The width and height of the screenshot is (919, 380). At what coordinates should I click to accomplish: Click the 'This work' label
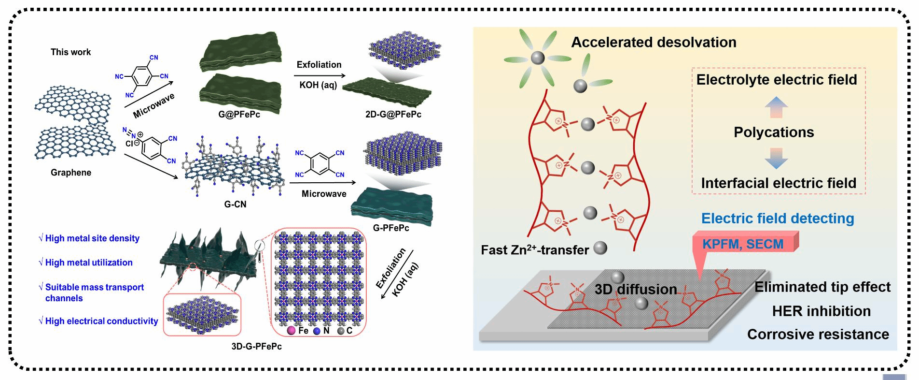tap(70, 52)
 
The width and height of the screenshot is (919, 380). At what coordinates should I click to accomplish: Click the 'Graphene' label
tap(71, 173)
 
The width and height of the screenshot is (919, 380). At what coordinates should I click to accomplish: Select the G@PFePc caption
tap(239, 115)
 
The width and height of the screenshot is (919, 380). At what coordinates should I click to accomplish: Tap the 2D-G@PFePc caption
tap(393, 115)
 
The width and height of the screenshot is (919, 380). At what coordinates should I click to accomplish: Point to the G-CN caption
tap(235, 205)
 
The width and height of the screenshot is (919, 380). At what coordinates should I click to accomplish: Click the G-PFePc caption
tap(391, 228)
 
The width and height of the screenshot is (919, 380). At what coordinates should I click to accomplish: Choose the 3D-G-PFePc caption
tap(256, 346)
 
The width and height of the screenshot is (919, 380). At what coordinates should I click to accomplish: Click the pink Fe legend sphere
tap(291, 331)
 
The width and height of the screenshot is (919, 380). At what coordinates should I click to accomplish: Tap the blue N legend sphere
tap(317, 331)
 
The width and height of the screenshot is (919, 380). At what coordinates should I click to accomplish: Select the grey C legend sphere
tap(341, 331)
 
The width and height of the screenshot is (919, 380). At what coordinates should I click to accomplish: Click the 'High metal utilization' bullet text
tap(89, 263)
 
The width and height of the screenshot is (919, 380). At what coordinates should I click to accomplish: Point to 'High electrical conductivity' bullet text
tap(101, 321)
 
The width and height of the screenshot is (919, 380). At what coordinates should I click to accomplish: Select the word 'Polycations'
tap(774, 132)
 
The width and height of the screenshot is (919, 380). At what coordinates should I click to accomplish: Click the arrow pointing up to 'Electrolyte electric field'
tap(776, 107)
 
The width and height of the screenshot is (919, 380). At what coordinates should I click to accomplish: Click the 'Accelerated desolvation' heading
tap(654, 43)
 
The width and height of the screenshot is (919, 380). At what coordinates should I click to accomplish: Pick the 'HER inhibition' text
tap(821, 311)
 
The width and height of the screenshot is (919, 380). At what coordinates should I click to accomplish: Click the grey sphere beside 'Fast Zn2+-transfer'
tap(600, 248)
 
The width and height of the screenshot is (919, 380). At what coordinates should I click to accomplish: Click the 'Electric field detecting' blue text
tap(777, 219)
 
